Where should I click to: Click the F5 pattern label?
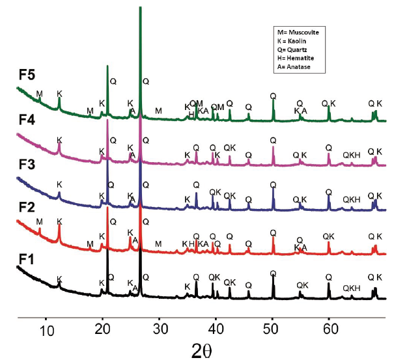25,84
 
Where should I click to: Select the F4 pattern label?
25,121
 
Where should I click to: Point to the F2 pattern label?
25,208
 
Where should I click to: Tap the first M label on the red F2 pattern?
40,222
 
